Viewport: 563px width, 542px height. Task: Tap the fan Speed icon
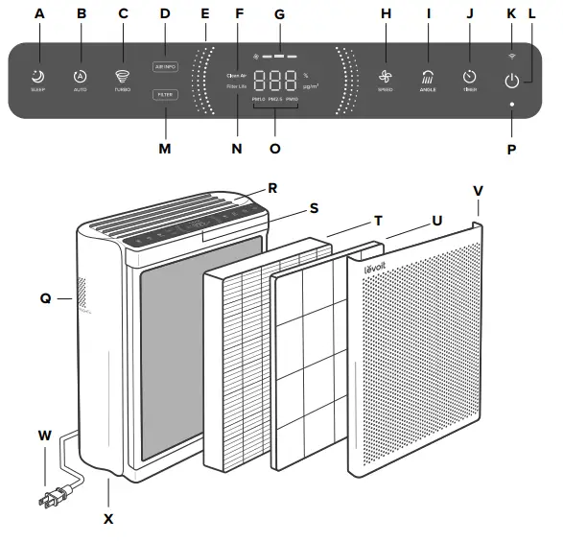(x=386, y=76)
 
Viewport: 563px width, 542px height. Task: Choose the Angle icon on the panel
(x=428, y=76)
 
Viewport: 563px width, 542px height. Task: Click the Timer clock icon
(x=469, y=76)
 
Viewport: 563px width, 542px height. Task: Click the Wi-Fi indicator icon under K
(x=511, y=58)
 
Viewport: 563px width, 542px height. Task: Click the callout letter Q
(x=45, y=298)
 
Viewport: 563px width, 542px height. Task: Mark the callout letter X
(x=108, y=519)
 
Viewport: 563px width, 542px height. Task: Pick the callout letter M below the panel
(x=164, y=149)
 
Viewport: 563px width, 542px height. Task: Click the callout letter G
(x=279, y=14)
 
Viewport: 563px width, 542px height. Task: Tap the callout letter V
(x=479, y=190)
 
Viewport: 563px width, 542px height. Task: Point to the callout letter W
(x=43, y=435)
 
